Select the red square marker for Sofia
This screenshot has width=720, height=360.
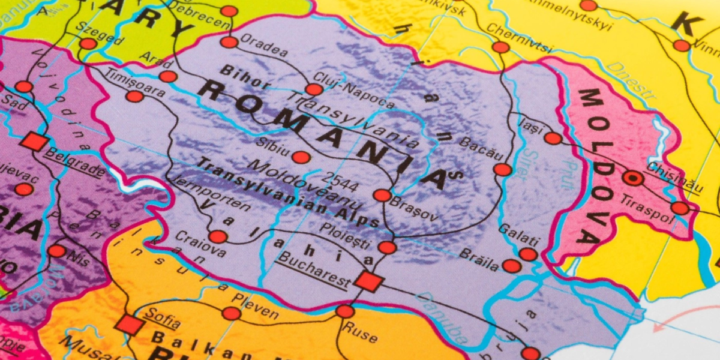(130, 325)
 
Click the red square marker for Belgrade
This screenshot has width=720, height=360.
(35, 142)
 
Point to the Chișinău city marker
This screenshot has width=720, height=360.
(632, 178)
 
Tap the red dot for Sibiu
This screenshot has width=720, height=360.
(301, 157)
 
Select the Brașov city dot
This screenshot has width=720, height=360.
(382, 195)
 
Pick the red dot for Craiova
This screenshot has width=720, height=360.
(218, 236)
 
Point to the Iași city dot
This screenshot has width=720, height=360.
(553, 139)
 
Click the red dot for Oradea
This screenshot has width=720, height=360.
(229, 42)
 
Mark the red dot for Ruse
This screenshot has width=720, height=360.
(345, 311)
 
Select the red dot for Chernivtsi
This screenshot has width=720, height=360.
(500, 47)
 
